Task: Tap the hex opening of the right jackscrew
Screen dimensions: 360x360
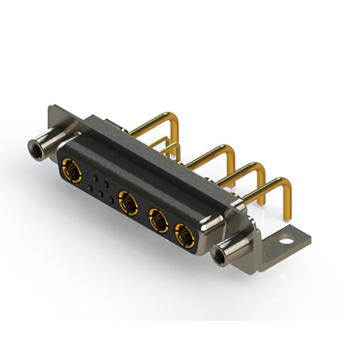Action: point(218,259)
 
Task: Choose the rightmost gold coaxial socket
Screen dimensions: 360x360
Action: point(183,235)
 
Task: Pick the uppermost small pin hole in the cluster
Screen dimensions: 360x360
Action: point(96,176)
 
